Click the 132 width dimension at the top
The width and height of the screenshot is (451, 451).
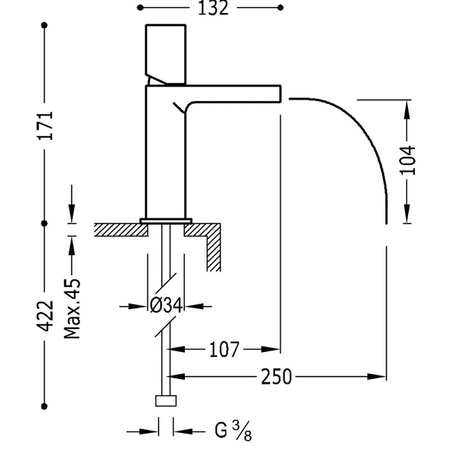pyautogui.click(x=213, y=8)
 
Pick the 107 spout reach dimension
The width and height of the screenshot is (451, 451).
pyautogui.click(x=224, y=350)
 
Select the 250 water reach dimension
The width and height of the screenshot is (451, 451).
pyautogui.click(x=276, y=376)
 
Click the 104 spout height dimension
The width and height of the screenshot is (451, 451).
pyautogui.click(x=410, y=160)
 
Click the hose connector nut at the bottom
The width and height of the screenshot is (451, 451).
pyautogui.click(x=166, y=401)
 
